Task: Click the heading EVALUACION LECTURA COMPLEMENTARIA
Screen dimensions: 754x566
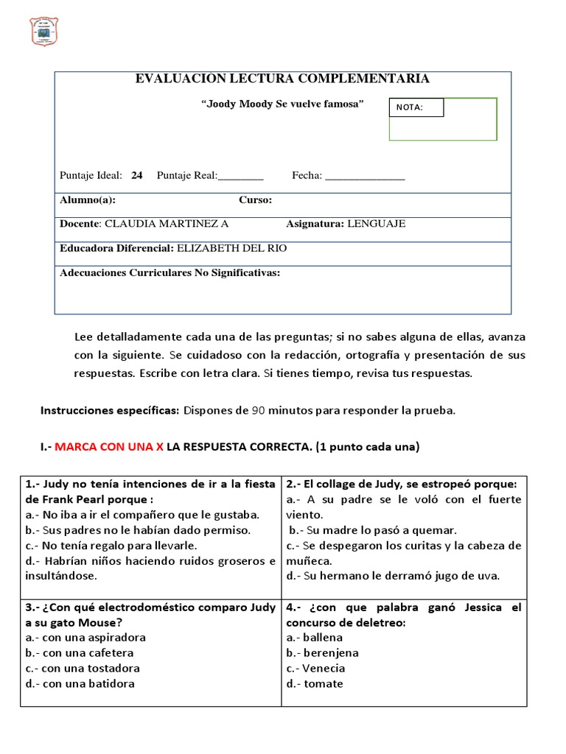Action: [282, 79]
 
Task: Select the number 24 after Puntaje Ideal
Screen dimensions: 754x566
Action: [136, 175]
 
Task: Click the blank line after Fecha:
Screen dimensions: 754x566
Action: [365, 176]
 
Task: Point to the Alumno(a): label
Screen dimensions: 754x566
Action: [87, 200]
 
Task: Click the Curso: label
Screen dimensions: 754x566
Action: [255, 200]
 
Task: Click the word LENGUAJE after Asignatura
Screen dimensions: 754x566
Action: [376, 224]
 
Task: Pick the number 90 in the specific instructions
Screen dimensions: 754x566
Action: [259, 410]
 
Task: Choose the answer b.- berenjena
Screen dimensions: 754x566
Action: [323, 653]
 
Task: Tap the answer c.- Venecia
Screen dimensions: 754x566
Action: [315, 669]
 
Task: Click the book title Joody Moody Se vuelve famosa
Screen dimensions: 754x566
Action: [283, 105]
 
